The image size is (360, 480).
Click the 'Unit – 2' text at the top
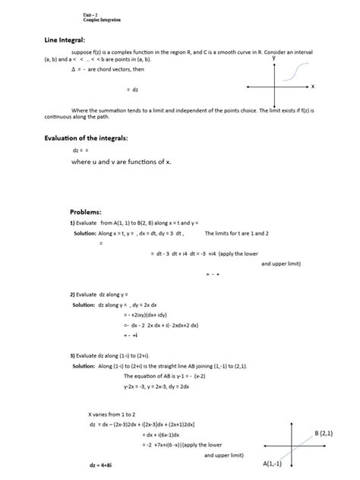coord(90,14)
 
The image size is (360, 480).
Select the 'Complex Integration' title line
coord(101,20)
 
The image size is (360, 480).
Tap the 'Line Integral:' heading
coord(65,39)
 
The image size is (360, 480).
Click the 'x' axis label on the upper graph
coord(312,87)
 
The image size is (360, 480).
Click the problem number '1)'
coord(73,223)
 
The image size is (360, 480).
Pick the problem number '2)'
coord(73,293)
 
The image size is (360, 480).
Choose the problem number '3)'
coord(73,355)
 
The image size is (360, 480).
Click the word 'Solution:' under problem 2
coord(84,304)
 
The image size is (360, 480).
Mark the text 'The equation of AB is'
coord(150,375)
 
